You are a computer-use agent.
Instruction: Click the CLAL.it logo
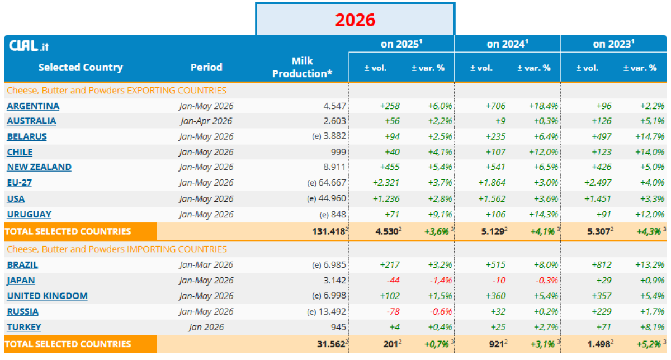click(x=29, y=45)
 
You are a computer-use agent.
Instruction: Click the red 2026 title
click(x=355, y=20)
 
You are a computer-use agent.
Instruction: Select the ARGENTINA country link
click(x=33, y=106)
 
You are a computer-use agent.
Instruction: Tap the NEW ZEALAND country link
click(x=39, y=167)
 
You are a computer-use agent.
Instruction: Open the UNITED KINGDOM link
click(x=48, y=296)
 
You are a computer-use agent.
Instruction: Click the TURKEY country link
click(x=24, y=327)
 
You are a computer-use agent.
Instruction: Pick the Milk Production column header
click(x=303, y=68)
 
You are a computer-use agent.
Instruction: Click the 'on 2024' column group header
click(x=507, y=44)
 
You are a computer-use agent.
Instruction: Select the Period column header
click(x=206, y=68)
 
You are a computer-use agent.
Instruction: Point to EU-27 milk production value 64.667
click(x=332, y=182)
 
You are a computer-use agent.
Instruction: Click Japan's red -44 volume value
click(x=393, y=280)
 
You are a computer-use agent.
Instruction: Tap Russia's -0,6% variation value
click(x=441, y=311)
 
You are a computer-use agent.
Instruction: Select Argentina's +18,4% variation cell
click(x=543, y=106)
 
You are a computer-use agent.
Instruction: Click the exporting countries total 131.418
click(x=329, y=231)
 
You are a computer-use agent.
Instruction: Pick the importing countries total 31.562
click(x=331, y=344)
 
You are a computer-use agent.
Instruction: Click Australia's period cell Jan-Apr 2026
click(x=206, y=121)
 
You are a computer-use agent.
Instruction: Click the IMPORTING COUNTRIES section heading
click(x=117, y=249)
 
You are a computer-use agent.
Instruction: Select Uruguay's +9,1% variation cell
click(x=440, y=215)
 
